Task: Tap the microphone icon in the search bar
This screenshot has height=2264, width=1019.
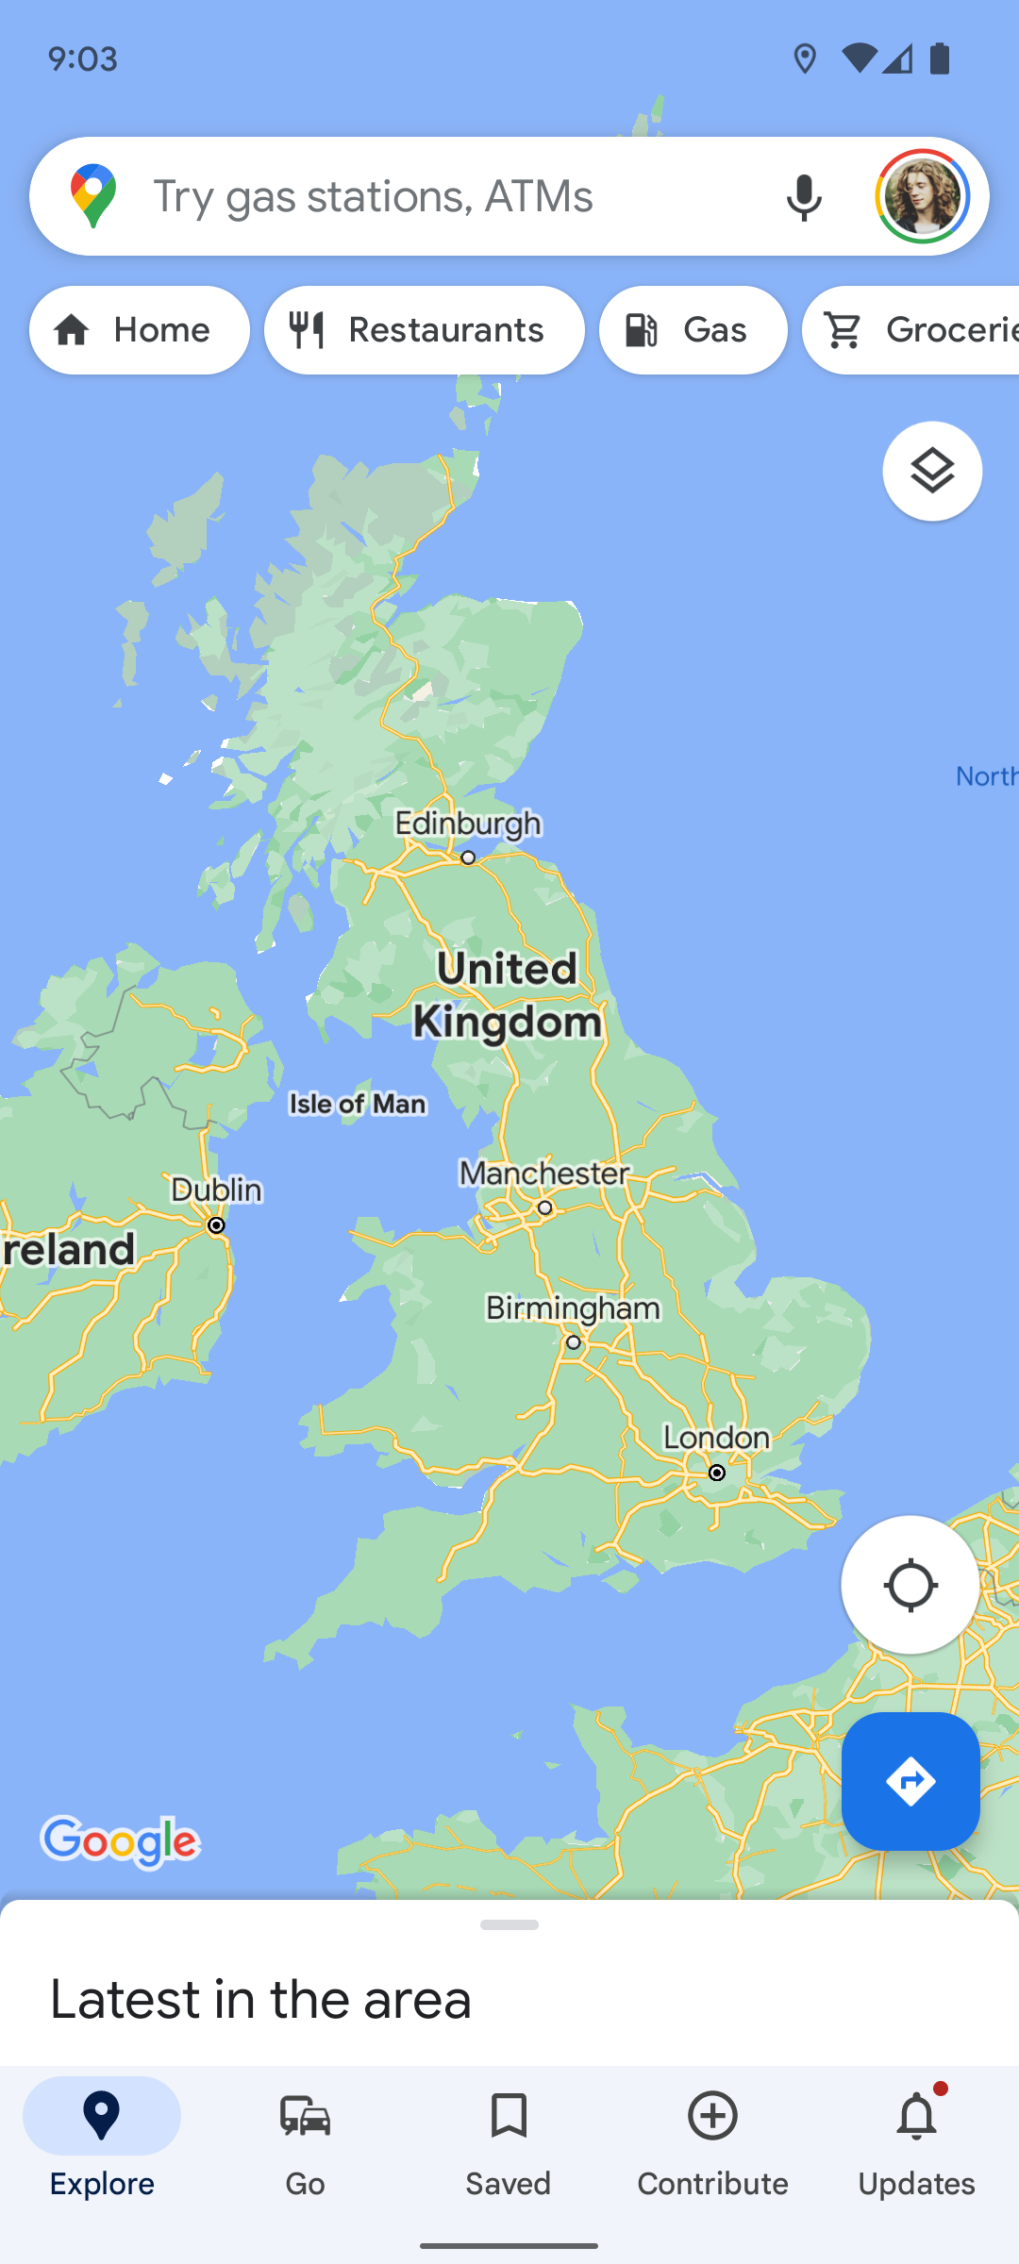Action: [x=804, y=197]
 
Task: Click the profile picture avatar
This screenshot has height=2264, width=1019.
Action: [x=922, y=196]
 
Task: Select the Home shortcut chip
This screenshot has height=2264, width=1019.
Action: [x=140, y=330]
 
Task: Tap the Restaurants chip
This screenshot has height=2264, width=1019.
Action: [x=425, y=330]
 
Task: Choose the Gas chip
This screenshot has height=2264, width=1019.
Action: [x=693, y=330]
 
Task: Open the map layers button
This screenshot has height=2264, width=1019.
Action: [x=932, y=471]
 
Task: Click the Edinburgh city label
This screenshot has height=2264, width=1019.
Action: [x=468, y=824]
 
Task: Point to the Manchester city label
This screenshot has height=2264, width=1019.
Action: [x=544, y=1174]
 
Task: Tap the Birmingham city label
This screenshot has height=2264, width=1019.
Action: [x=573, y=1308]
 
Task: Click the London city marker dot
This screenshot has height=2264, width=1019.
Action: [x=717, y=1473]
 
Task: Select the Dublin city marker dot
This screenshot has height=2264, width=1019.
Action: [x=216, y=1225]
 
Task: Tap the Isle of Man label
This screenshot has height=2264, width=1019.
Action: [x=358, y=1104]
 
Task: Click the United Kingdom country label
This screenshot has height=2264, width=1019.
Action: [x=507, y=995]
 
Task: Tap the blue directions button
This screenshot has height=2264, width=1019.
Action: [x=910, y=1781]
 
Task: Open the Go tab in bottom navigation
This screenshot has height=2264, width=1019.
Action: [x=305, y=2142]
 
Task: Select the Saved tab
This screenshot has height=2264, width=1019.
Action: [x=509, y=2142]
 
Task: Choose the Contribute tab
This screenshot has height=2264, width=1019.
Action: [x=712, y=2142]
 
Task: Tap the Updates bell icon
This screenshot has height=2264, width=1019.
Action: [x=916, y=2118]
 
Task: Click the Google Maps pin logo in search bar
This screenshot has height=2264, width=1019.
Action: [x=93, y=196]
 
